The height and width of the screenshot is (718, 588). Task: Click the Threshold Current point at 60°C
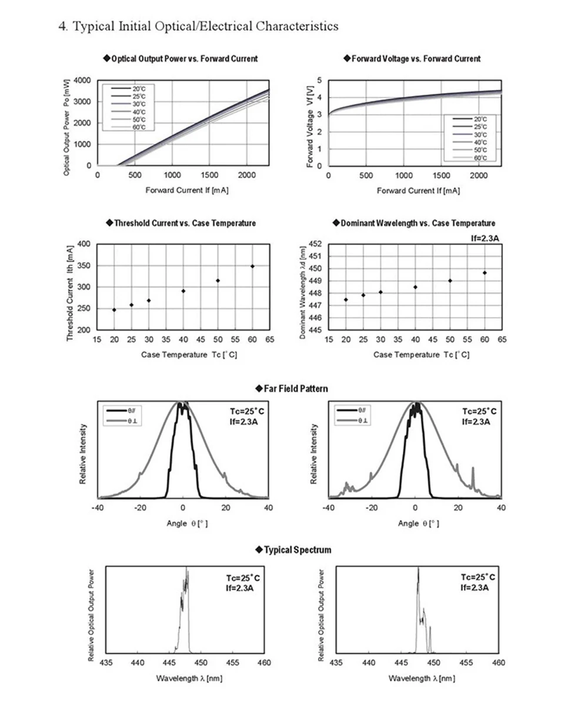tap(252, 266)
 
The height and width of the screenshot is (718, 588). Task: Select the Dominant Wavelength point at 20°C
tap(346, 299)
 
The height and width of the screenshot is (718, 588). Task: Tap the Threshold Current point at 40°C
tap(183, 290)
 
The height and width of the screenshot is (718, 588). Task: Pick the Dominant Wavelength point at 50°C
tap(450, 280)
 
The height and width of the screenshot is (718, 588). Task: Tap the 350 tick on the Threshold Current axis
tap(83, 265)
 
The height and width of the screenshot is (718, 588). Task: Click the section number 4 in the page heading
tap(62, 26)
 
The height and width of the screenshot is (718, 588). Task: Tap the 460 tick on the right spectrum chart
tap(498, 663)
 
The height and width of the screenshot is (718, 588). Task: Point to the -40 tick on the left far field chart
tap(98, 508)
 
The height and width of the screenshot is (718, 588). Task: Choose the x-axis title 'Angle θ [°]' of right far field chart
tap(418, 523)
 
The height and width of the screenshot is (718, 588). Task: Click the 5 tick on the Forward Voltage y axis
tap(320, 80)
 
